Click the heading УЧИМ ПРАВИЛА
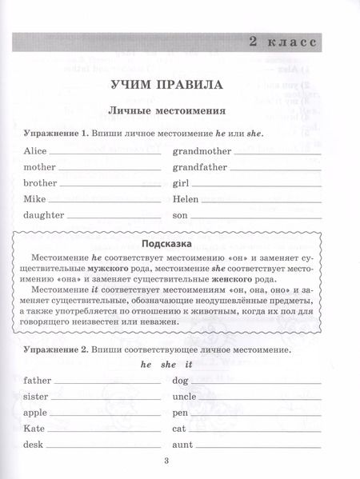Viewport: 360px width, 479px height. [179, 83]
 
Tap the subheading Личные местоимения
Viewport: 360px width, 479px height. [179, 108]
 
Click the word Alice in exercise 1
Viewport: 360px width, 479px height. [35, 151]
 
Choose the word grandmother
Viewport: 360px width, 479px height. [201, 151]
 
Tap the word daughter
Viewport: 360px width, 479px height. [43, 216]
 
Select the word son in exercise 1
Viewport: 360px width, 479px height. [179, 216]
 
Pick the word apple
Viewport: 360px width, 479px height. [37, 412]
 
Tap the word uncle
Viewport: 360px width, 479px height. [183, 396]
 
